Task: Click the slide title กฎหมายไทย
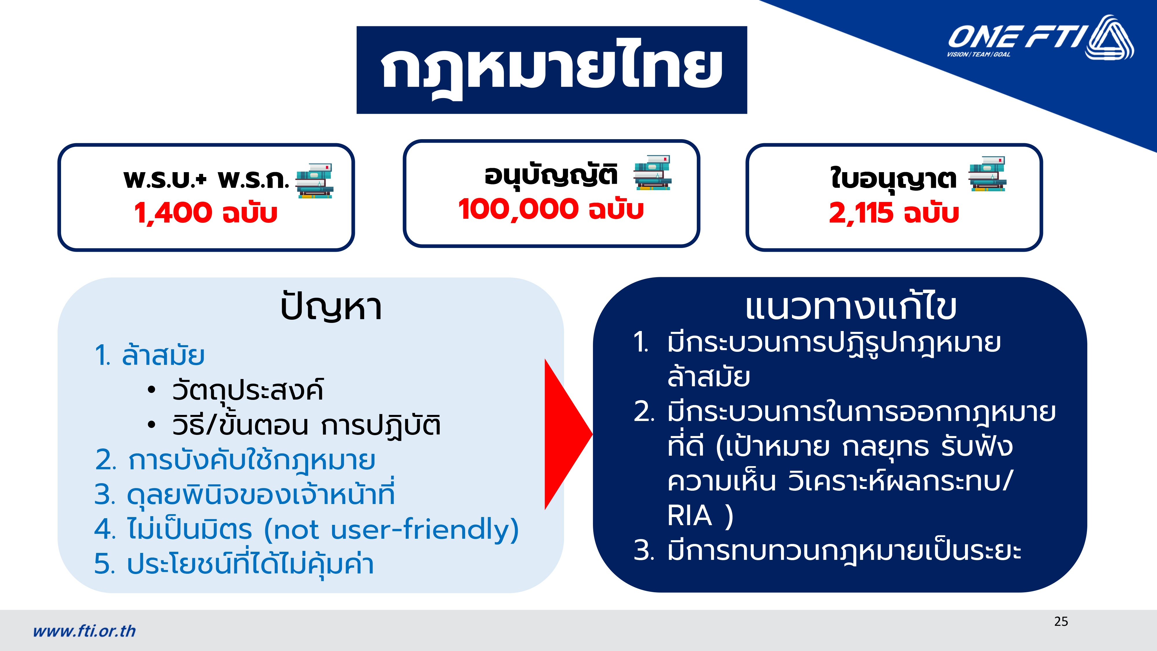(552, 70)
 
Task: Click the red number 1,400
(173, 212)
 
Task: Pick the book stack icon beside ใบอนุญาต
(988, 174)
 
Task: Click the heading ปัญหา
(331, 307)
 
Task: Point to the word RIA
(690, 515)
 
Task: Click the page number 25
(1061, 621)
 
